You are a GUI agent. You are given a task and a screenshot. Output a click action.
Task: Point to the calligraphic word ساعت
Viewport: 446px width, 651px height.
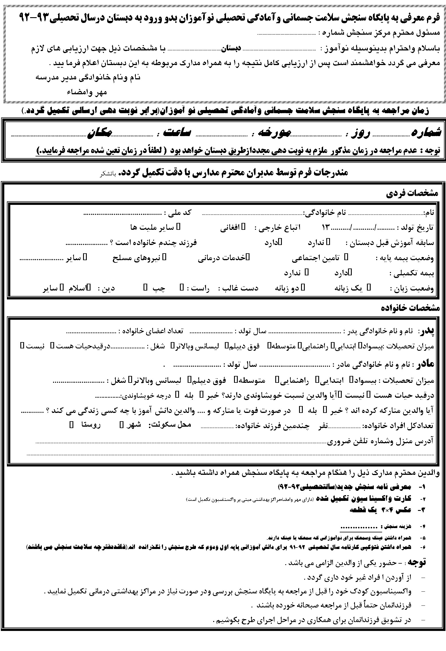pyautogui.click(x=175, y=132)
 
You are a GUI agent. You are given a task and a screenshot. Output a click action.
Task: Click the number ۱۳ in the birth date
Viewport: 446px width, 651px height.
pyautogui.click(x=326, y=228)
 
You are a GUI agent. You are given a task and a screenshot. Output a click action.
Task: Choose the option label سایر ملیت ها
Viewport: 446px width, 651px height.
pyautogui.click(x=152, y=228)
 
